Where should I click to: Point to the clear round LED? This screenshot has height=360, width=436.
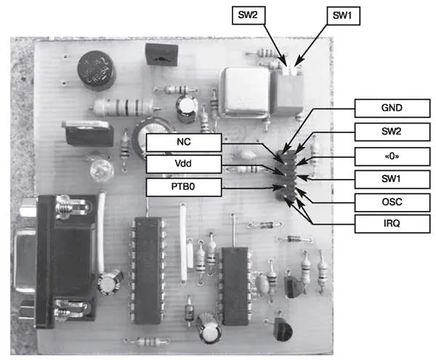click(x=97, y=170)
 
